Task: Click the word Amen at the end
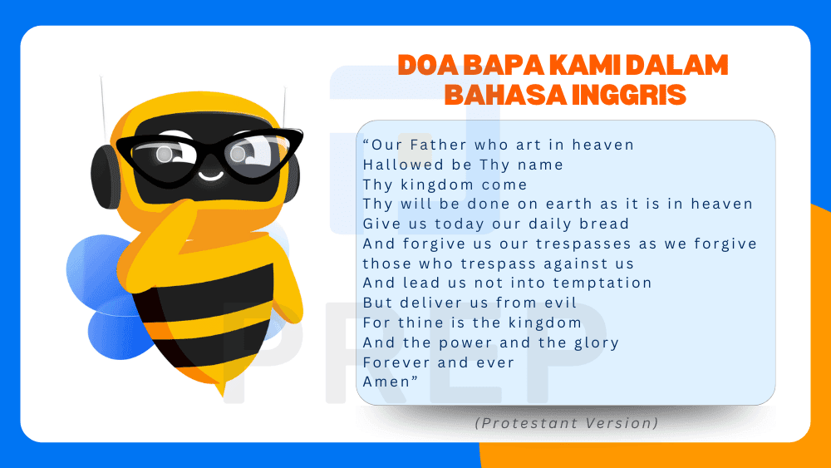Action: click(387, 382)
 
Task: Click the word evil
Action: click(559, 303)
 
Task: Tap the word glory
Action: click(596, 342)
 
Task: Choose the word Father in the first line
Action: click(441, 145)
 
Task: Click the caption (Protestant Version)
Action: click(567, 423)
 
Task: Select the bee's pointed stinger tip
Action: click(221, 391)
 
